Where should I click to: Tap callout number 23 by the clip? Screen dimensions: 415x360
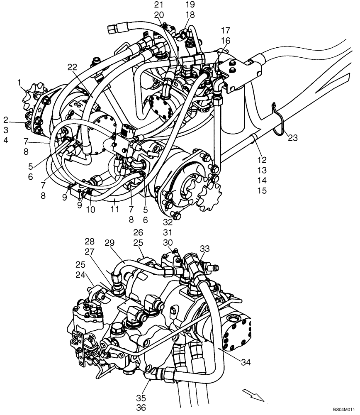click(293, 138)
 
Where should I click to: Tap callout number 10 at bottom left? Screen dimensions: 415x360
click(90, 210)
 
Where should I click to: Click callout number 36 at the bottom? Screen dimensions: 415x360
click(141, 408)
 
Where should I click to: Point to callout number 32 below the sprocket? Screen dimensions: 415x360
click(168, 222)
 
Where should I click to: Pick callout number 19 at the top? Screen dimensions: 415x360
click(190, 5)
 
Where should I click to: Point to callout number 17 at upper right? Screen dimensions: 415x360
click(226, 30)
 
